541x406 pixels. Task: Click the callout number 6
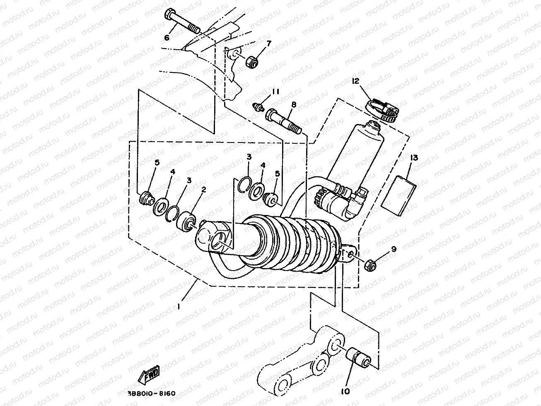(x=167, y=38)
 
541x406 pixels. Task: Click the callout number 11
(x=276, y=92)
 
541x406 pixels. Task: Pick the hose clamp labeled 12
(x=384, y=110)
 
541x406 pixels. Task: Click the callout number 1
(x=179, y=307)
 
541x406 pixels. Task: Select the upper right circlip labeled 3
(x=246, y=185)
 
